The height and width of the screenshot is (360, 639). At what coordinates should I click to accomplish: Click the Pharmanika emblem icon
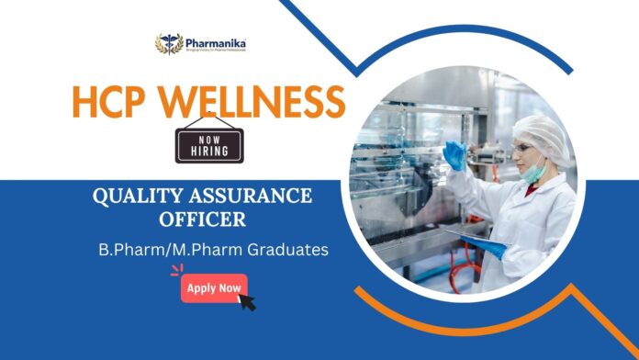pyautogui.click(x=169, y=44)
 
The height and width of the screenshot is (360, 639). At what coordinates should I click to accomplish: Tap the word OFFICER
pyautogui.click(x=200, y=221)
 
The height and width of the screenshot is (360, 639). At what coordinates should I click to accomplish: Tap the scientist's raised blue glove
pyautogui.click(x=454, y=153)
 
